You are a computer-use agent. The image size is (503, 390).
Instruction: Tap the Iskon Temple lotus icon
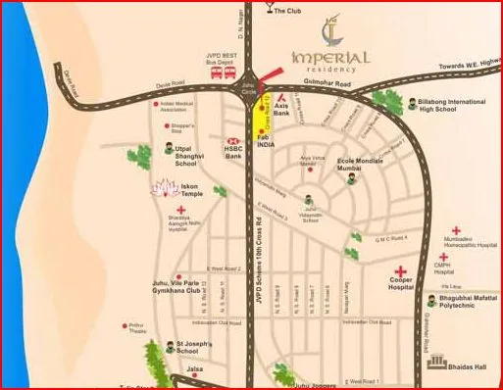[x=161, y=186]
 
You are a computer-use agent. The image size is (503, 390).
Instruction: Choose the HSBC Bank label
[x=232, y=151]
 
